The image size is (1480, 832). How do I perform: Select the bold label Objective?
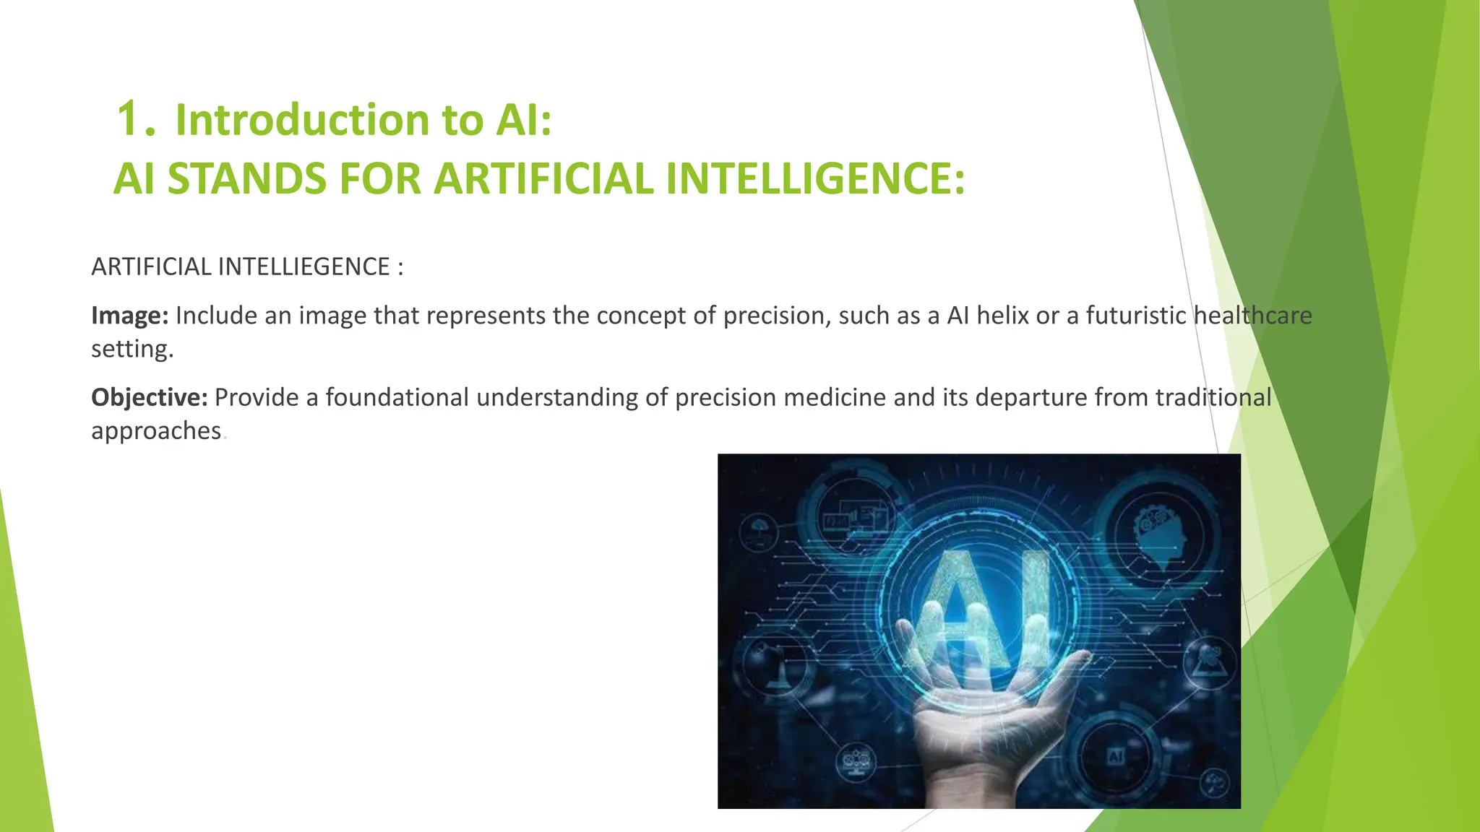tap(149, 397)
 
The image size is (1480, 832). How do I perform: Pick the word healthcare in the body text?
tap(1252, 316)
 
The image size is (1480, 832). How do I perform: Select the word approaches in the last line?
tap(156, 430)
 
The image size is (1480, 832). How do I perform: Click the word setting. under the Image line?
tap(132, 349)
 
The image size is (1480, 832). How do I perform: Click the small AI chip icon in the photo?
tap(1116, 756)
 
